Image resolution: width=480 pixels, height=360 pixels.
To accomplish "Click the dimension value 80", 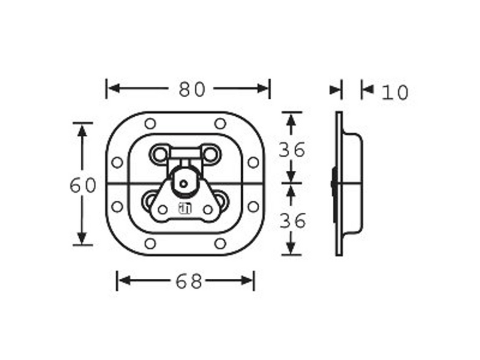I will [192, 89].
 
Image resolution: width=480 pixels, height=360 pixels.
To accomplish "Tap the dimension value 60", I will [83, 186].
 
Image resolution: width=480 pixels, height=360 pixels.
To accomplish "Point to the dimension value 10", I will [395, 93].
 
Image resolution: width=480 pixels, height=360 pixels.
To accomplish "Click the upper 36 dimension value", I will [292, 150].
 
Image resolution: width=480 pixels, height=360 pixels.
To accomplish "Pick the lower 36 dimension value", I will [292, 221].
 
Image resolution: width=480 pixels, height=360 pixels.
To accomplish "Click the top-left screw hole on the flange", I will [150, 123].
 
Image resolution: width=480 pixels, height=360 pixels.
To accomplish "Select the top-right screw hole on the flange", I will [220, 123].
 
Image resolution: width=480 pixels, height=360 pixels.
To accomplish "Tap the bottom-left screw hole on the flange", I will [150, 244].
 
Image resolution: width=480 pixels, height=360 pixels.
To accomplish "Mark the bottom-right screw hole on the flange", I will [220, 244].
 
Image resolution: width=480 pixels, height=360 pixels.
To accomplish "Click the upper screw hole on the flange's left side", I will [117, 163].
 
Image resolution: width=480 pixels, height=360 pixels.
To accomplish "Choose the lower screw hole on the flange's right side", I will [253, 207].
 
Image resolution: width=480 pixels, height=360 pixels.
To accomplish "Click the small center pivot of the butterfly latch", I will [184, 182].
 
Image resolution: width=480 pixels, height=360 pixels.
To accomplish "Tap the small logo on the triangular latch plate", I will [184, 209].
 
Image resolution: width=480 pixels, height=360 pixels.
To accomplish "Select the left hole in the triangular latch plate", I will [163, 209].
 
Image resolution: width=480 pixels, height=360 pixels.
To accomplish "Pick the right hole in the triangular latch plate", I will [208, 209].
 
